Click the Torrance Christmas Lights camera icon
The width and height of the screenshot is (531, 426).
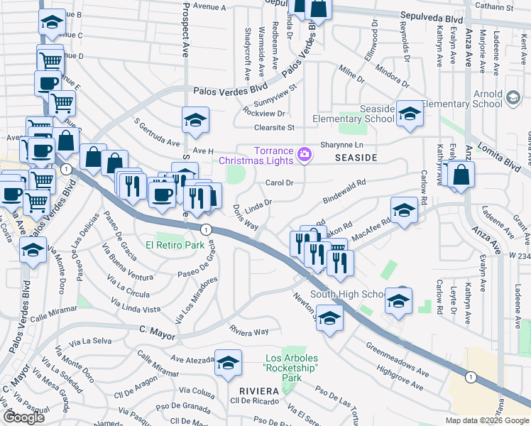click(x=305, y=154)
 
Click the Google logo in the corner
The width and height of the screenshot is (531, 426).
click(x=24, y=417)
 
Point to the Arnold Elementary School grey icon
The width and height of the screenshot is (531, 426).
click(x=513, y=95)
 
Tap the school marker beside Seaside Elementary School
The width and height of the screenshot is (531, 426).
click(x=409, y=116)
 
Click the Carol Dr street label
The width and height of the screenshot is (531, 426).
click(x=279, y=182)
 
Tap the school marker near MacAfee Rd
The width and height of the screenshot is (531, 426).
click(x=404, y=210)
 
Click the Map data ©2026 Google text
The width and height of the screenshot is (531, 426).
click(x=487, y=420)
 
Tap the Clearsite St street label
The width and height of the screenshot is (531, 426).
click(x=275, y=128)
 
